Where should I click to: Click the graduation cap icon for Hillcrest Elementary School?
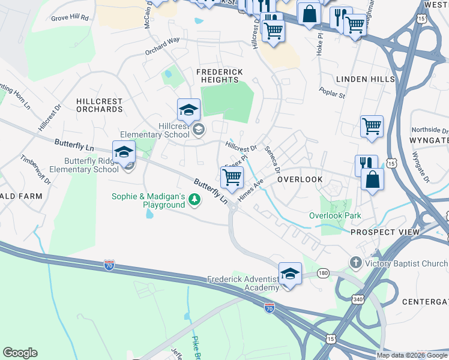pyautogui.click(x=188, y=110)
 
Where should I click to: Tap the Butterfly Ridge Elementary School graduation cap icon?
pyautogui.click(x=124, y=152)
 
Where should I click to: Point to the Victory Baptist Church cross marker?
pyautogui.click(x=356, y=263)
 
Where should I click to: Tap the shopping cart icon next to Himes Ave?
pyautogui.click(x=232, y=177)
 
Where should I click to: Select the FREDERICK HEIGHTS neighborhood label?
pyautogui.click(x=220, y=76)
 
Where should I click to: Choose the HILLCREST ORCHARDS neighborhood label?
pyautogui.click(x=100, y=106)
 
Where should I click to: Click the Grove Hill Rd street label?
pyautogui.click(x=70, y=18)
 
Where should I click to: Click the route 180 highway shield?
pyautogui.click(x=324, y=273)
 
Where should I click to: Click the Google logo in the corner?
pyautogui.click(x=20, y=353)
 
